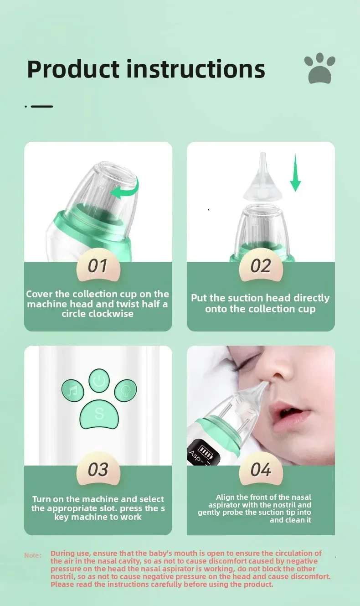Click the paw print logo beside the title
point(320,68)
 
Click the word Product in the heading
point(73,69)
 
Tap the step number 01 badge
point(98,266)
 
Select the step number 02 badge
point(261,266)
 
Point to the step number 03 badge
point(98,470)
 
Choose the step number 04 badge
point(261,470)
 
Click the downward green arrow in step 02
point(295,173)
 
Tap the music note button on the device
point(73,390)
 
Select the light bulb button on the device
point(125,390)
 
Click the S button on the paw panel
point(99,414)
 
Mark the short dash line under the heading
point(41,106)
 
